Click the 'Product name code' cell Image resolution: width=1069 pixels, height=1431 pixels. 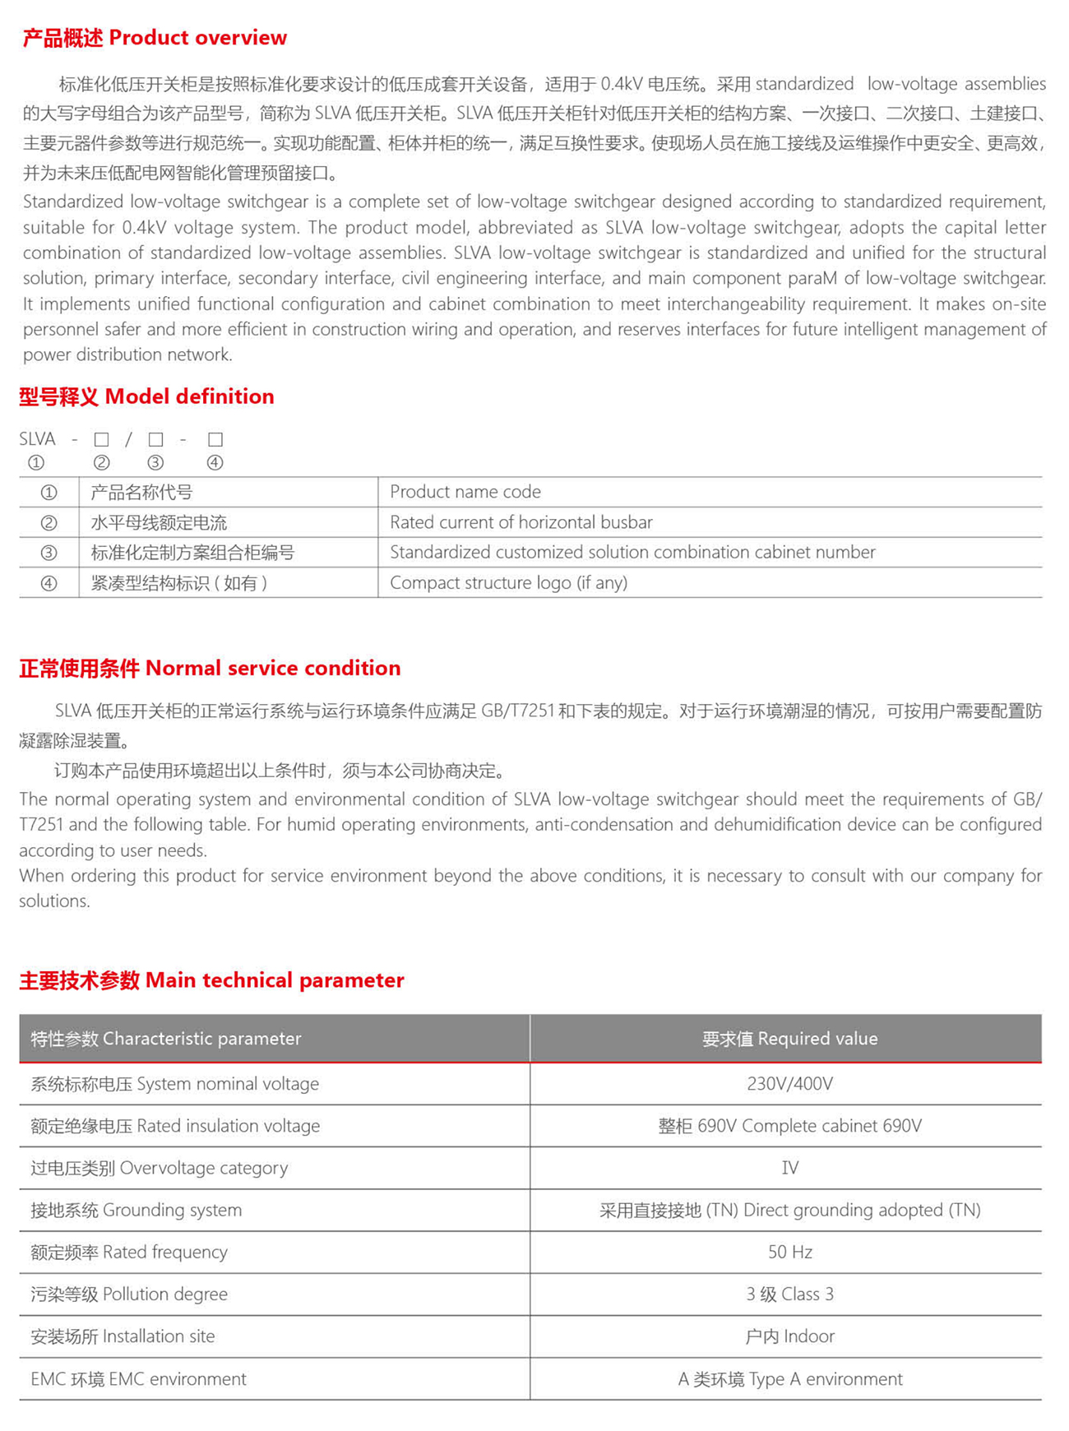coord(465,492)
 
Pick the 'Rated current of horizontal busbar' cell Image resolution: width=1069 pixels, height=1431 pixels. coord(521,522)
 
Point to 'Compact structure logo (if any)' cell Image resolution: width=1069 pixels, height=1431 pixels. coord(508,583)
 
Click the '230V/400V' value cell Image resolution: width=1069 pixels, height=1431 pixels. coord(789,1084)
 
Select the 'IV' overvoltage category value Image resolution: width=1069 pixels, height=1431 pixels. coord(789,1168)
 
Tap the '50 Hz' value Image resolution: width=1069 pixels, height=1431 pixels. coord(789,1252)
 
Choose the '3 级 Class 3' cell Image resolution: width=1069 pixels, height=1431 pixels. coord(789,1294)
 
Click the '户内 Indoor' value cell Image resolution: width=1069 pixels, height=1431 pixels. coord(789,1336)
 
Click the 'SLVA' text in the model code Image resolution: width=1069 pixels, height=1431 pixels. coord(37,439)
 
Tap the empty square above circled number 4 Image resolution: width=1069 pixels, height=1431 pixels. coord(215,439)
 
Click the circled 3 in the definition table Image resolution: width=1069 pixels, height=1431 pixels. coord(49,553)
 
